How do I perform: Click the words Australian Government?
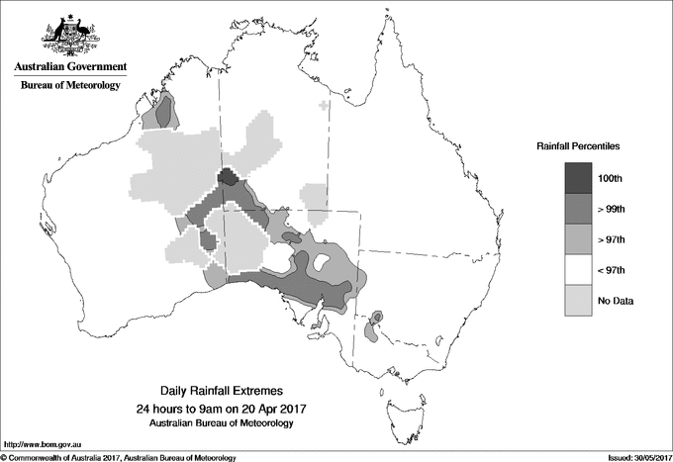point(70,67)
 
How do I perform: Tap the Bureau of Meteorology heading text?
point(70,86)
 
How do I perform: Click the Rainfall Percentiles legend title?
point(578,146)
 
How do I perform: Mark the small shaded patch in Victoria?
point(374,327)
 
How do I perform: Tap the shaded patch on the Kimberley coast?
point(162,112)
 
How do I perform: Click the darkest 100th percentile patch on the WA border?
point(227,178)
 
